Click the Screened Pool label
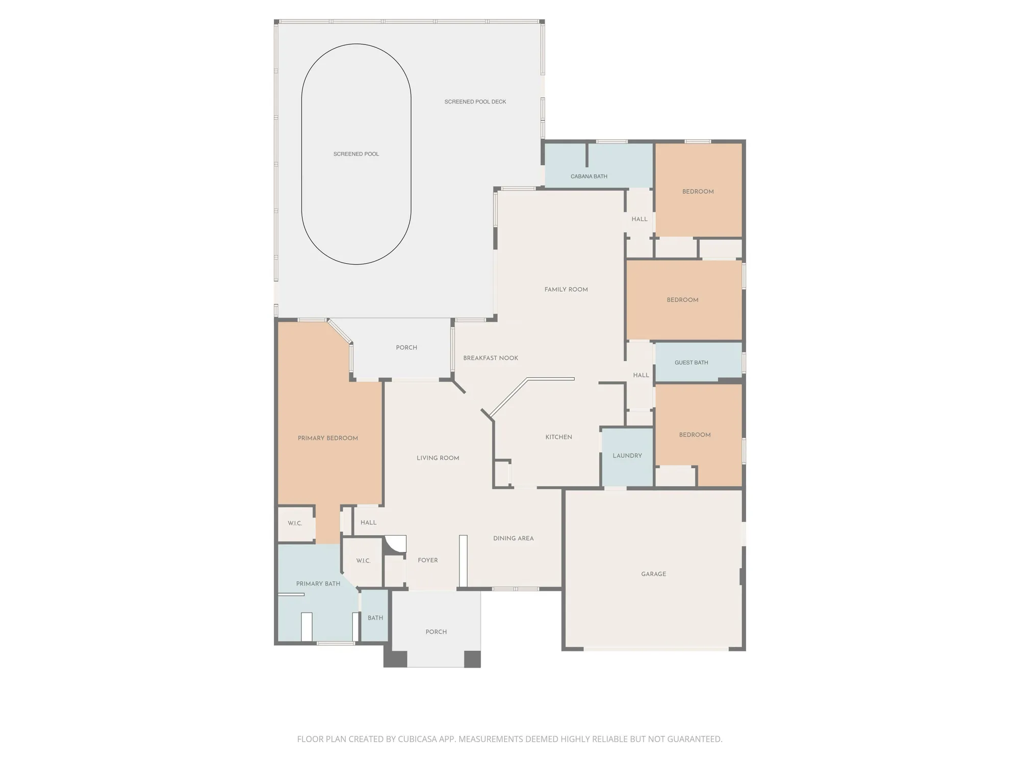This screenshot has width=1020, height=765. pos(356,154)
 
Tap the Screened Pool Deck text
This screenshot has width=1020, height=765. pos(475,102)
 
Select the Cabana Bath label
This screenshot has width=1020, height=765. pos(589,176)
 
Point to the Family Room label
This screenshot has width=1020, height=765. pos(566,290)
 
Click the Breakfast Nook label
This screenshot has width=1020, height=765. pos(491,358)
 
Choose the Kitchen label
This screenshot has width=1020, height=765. pos(558,437)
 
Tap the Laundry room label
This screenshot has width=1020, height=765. pos(627,456)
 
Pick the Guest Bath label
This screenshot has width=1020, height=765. pos(691,363)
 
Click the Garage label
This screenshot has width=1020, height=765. pos(653,574)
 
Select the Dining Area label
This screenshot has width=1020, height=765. pos(513,539)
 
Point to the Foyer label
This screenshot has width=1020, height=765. pos(427,560)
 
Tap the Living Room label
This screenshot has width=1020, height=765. pos(438,458)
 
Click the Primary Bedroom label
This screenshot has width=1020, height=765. pos(327,438)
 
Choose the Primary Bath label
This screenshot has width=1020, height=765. pos(318,584)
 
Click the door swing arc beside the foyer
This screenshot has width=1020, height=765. pos(393,544)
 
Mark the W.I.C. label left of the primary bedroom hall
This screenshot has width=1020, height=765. pos(295,524)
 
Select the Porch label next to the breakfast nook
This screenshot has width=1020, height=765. pos(406,348)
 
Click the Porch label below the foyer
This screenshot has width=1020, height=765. pos(436,632)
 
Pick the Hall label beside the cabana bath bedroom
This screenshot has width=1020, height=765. pos(639,219)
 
